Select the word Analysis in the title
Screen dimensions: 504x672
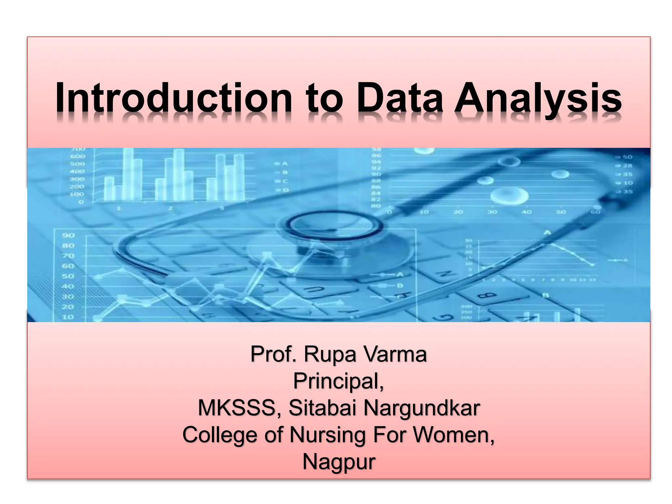pyautogui.click(x=538, y=98)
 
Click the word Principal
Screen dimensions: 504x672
pyautogui.click(x=338, y=381)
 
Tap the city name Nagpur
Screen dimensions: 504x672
pyautogui.click(x=339, y=462)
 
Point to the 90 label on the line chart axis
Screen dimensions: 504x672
pyautogui.click(x=68, y=235)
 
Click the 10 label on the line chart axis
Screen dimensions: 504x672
pyautogui.click(x=68, y=317)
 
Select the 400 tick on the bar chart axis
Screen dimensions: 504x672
pyautogui.click(x=77, y=171)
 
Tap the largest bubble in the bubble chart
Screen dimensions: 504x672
pyautogui.click(x=509, y=196)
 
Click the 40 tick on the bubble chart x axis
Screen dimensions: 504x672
pyautogui.click(x=526, y=212)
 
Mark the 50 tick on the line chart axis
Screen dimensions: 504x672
pyautogui.click(x=68, y=276)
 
